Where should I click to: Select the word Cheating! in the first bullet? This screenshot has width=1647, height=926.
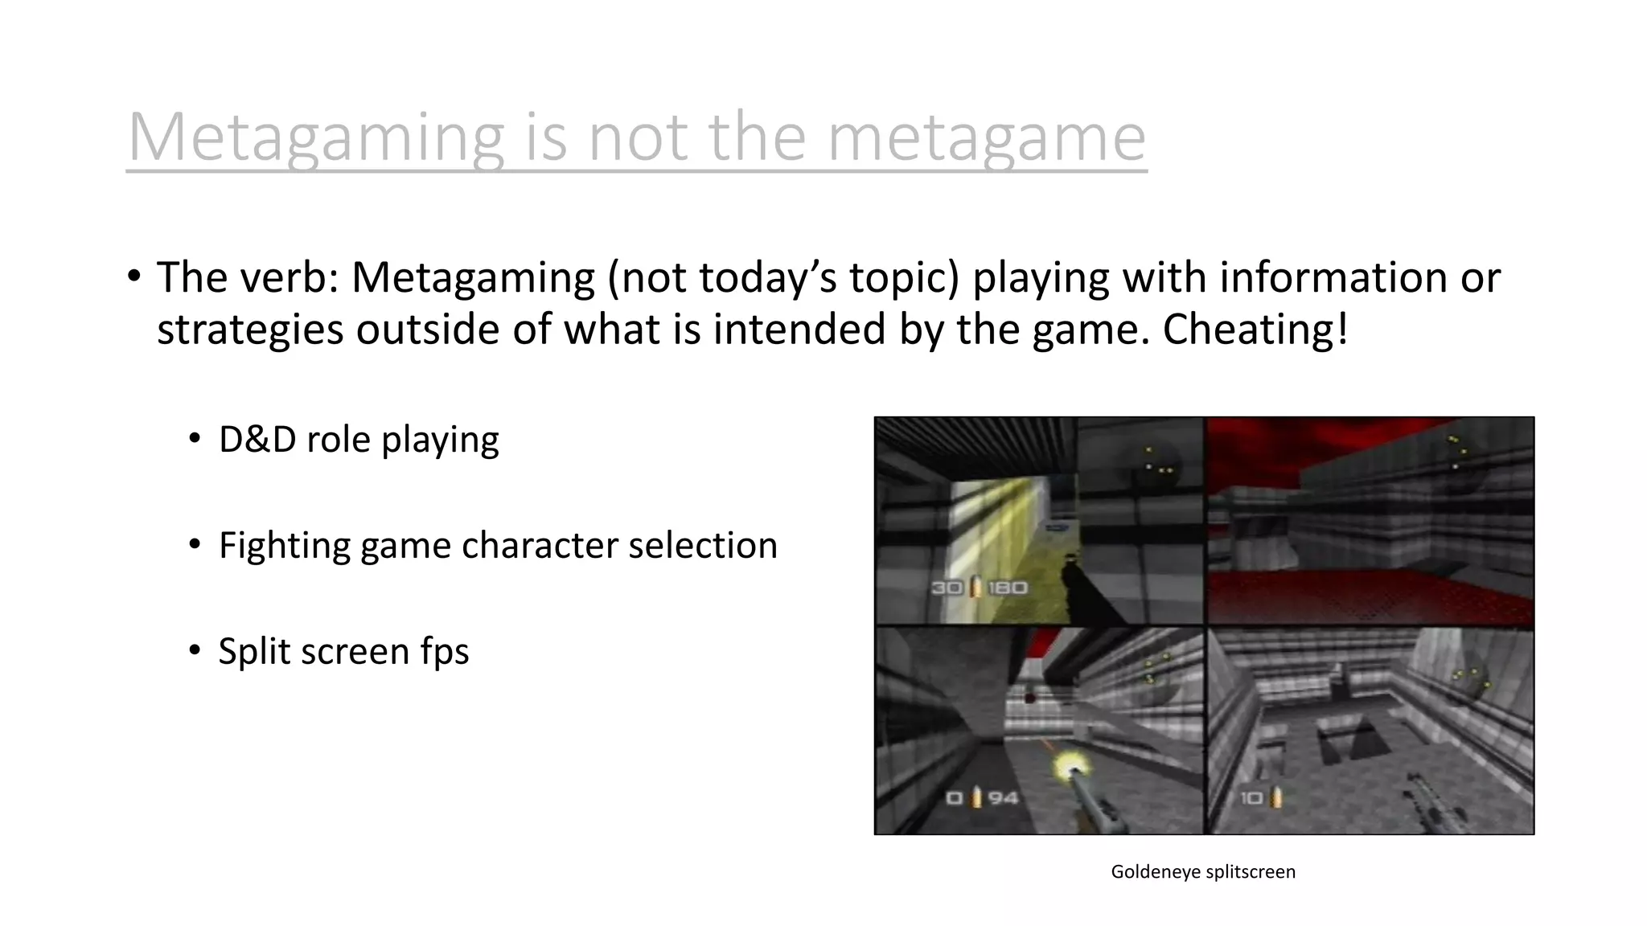pyautogui.click(x=1255, y=330)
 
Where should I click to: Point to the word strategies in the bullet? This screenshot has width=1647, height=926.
pyautogui.click(x=250, y=330)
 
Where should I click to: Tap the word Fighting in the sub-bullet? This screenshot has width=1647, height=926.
pyautogui.click(x=284, y=546)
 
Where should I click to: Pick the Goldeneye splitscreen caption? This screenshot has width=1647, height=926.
pyautogui.click(x=1203, y=872)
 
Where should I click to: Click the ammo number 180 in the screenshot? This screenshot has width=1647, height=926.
pyautogui.click(x=1008, y=588)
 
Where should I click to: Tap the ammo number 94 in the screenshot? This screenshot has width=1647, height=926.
pyautogui.click(x=1003, y=798)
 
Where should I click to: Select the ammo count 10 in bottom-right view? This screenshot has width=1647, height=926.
pyautogui.click(x=1251, y=798)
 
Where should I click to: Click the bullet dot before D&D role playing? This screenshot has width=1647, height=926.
pyautogui.click(x=195, y=439)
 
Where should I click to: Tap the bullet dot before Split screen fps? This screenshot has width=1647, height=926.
pyautogui.click(x=195, y=650)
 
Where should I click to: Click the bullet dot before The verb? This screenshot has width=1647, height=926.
pyautogui.click(x=133, y=277)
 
